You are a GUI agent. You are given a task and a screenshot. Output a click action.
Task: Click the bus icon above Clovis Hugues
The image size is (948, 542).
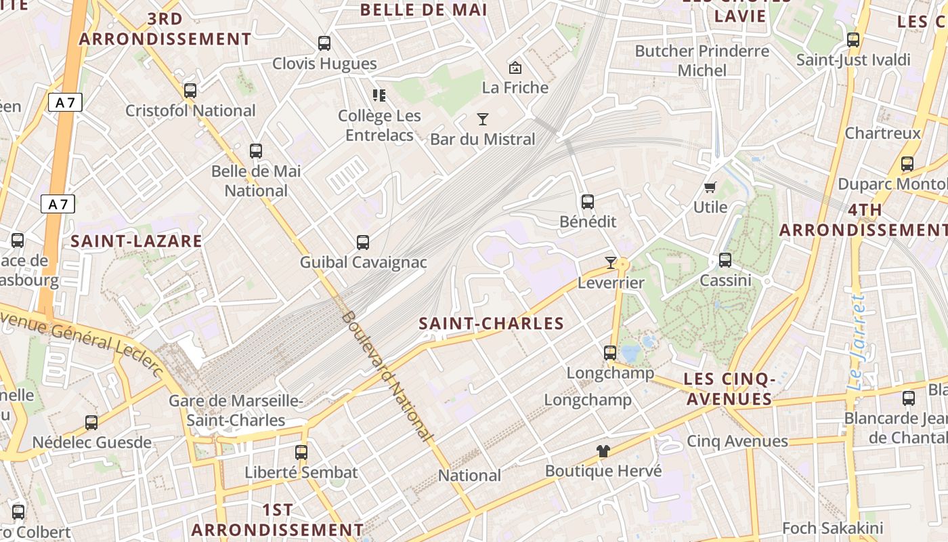[x=324, y=43]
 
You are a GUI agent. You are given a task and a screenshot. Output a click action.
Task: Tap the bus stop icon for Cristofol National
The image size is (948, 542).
[x=190, y=90]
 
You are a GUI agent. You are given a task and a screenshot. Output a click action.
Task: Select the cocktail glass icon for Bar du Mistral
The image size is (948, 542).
[x=483, y=119]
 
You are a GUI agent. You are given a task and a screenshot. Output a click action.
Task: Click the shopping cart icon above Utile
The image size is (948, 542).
[x=710, y=187]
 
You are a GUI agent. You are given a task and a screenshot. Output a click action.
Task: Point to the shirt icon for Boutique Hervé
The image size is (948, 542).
[x=603, y=451]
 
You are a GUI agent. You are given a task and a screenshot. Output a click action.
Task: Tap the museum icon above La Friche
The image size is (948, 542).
[x=515, y=67]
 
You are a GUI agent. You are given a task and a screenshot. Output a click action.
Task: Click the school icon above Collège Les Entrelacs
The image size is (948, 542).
[x=379, y=96]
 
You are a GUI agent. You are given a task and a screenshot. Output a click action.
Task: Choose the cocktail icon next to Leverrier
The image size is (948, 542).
[x=611, y=262]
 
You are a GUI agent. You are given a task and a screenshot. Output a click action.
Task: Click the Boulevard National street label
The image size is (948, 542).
[x=387, y=376]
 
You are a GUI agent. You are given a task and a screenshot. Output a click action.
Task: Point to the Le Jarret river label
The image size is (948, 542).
[x=857, y=342]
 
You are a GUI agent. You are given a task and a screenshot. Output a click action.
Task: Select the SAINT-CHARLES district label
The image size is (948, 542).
[x=492, y=323]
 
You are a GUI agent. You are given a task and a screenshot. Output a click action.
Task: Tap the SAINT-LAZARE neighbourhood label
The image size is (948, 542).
[x=136, y=241]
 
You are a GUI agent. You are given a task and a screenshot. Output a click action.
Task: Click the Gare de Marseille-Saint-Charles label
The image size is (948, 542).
[x=236, y=411]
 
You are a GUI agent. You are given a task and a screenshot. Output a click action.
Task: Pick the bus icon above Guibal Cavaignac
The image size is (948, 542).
[x=363, y=242]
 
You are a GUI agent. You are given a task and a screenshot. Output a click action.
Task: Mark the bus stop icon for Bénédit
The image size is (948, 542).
[x=588, y=201]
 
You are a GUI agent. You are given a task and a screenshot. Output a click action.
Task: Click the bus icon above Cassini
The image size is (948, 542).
[x=725, y=259]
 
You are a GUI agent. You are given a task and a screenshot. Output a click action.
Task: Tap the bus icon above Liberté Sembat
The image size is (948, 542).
[x=301, y=452]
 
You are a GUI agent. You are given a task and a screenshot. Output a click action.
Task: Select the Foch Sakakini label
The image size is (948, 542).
[x=832, y=528]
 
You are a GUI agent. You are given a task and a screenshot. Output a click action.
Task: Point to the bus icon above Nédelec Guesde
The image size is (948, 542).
[x=91, y=423]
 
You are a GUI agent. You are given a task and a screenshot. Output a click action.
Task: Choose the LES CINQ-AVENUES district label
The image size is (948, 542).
[x=729, y=389]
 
